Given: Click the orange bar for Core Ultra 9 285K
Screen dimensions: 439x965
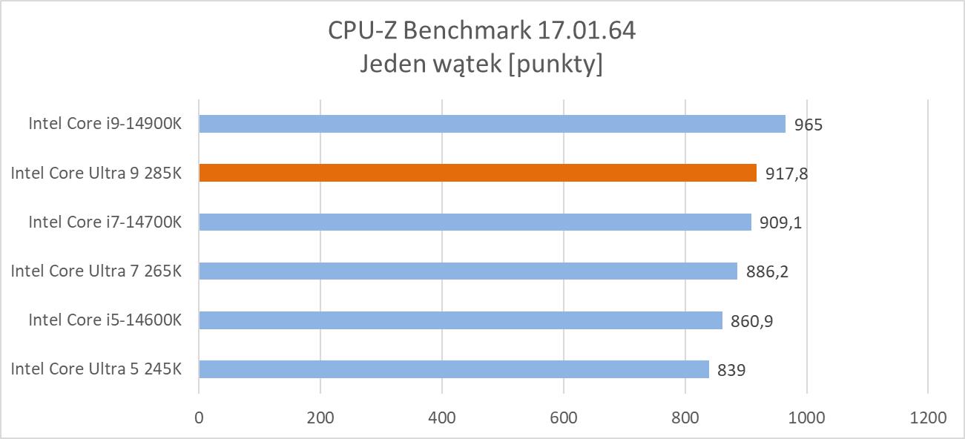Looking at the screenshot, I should pyautogui.click(x=478, y=173).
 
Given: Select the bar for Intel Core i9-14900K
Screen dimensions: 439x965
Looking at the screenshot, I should pyautogui.click(x=492, y=124).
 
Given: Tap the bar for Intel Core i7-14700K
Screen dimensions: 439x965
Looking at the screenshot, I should pyautogui.click(x=475, y=222).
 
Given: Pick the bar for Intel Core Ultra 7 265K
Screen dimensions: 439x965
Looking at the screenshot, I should pyautogui.click(x=468, y=271).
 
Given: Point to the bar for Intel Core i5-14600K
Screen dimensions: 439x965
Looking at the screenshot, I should pyautogui.click(x=460, y=320).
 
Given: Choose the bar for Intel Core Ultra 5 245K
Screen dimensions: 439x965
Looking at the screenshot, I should pyautogui.click(x=454, y=369).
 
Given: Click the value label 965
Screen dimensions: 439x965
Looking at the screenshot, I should pyautogui.click(x=808, y=125).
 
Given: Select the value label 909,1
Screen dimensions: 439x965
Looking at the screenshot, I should pyautogui.click(x=780, y=222).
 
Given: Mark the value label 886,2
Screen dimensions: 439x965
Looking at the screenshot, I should pyautogui.click(x=766, y=271).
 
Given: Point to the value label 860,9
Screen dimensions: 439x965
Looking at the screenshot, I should pyautogui.click(x=751, y=320).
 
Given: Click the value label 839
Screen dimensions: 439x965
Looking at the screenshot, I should pyautogui.click(x=731, y=369).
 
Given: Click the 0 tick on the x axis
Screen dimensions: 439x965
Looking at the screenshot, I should pyautogui.click(x=199, y=417).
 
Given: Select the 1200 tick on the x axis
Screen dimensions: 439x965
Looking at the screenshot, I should pyautogui.click(x=928, y=417).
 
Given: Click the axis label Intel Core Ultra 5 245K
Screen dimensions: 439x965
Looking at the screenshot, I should pyautogui.click(x=96, y=369).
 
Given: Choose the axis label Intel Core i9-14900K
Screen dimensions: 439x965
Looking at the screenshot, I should pyautogui.click(x=105, y=123).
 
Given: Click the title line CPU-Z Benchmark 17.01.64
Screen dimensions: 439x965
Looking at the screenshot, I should pyautogui.click(x=482, y=31).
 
